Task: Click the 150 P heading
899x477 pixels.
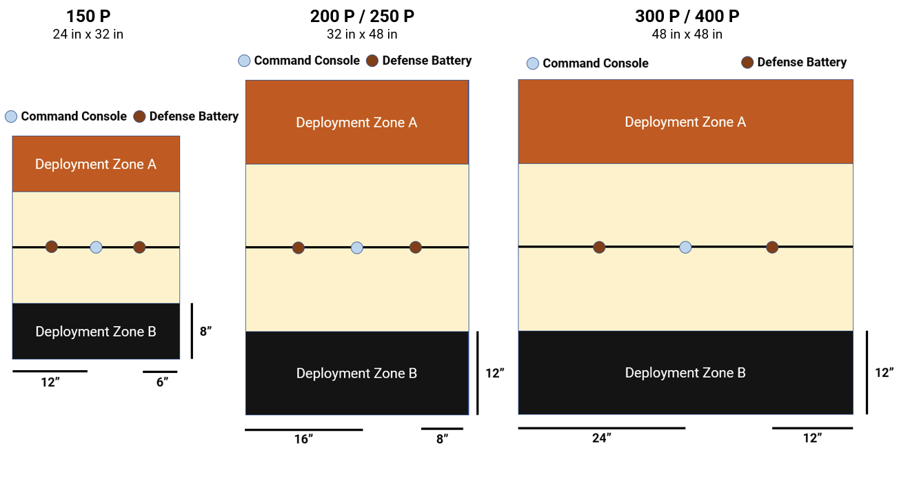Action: point(88,16)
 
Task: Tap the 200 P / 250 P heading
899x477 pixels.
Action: point(362,16)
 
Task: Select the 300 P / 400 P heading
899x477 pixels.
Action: point(687,16)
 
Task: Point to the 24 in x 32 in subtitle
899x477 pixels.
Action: point(88,34)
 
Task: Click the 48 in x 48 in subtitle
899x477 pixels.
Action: point(687,34)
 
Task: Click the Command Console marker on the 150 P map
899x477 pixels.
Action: point(96,247)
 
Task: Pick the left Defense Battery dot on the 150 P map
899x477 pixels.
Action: point(52,247)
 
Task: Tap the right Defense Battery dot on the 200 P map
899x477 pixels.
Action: point(415,247)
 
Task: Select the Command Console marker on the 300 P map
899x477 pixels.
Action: point(685,247)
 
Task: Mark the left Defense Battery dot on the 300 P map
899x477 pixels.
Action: point(599,247)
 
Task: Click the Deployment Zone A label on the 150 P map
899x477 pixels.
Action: point(96,164)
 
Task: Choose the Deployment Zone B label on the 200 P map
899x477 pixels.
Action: point(356,373)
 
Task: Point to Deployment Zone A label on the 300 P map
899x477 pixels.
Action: point(685,122)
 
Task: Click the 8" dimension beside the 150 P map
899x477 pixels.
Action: point(205,331)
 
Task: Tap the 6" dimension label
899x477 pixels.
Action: point(162,383)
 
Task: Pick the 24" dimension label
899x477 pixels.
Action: point(601,438)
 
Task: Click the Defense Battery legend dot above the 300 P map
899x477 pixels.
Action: point(747,63)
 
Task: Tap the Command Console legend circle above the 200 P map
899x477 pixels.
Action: point(244,61)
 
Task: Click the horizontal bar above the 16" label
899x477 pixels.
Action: point(303,429)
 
